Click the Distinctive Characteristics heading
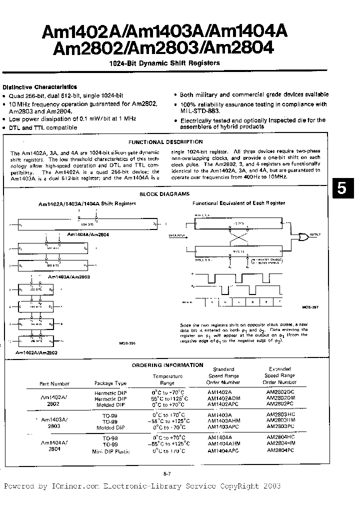click(39, 86)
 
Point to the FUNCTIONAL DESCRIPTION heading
click(165, 142)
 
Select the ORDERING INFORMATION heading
click(167, 365)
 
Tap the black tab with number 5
click(342, 188)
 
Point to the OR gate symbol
click(303, 237)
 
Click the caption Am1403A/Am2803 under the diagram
click(69, 276)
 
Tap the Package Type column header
click(110, 383)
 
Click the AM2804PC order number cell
click(280, 451)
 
